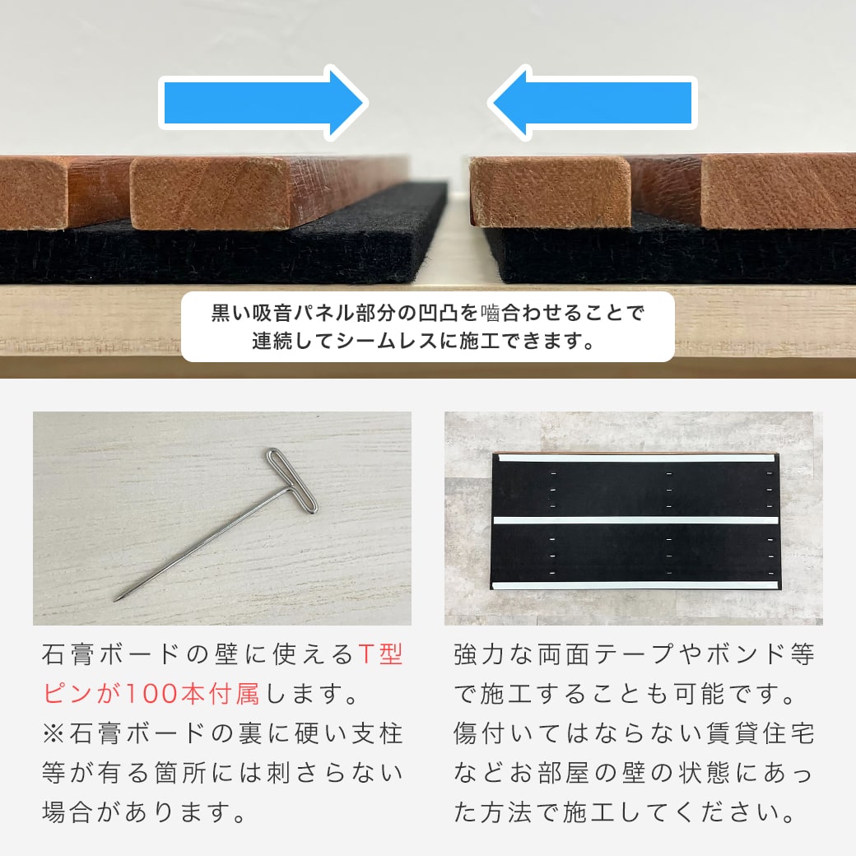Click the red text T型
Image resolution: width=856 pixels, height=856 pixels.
pyautogui.click(x=380, y=656)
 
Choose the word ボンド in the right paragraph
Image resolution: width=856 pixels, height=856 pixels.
pyautogui.click(x=745, y=656)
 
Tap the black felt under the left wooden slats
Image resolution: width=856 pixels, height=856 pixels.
pyautogui.click(x=206, y=255)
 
